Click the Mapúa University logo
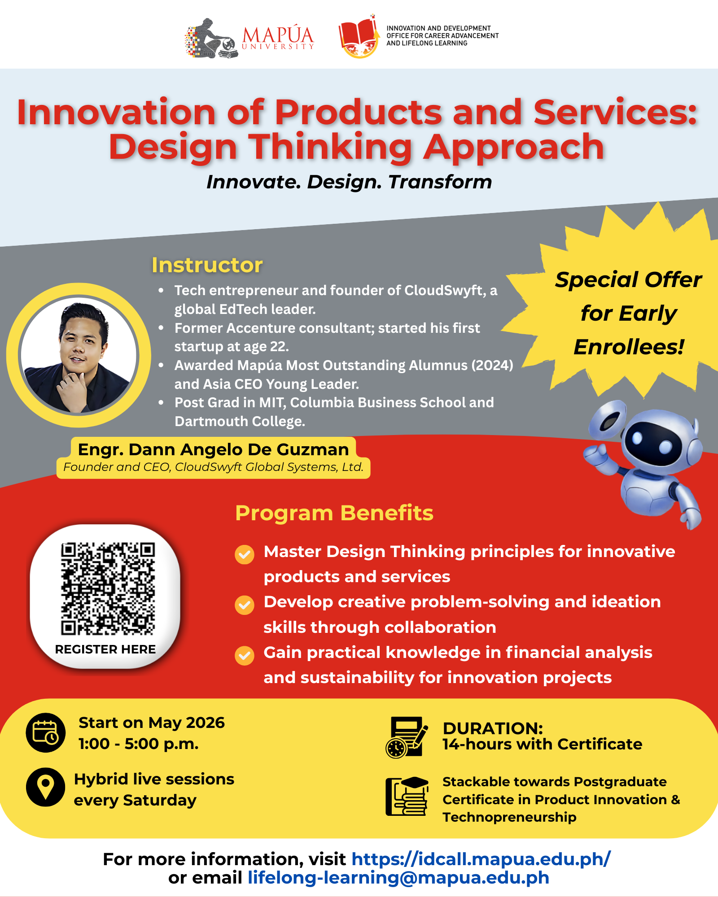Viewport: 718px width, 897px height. point(250,39)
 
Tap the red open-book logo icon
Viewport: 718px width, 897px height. point(358,37)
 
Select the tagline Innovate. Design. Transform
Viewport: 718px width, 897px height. point(349,182)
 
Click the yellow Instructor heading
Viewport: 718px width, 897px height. point(207,265)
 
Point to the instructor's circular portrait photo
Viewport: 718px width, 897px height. point(79,355)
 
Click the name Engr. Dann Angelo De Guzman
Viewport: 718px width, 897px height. point(213,449)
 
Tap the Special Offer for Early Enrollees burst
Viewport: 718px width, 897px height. point(624,309)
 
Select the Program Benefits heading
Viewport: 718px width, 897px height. point(334,513)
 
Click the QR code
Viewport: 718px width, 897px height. point(108,589)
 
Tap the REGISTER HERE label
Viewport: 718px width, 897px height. point(105,649)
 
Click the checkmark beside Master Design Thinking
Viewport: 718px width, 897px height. point(245,554)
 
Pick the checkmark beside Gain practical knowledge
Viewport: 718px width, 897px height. point(245,655)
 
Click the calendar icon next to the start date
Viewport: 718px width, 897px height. point(45,732)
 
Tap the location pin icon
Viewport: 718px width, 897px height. point(45,787)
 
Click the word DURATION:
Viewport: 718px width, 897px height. point(493,728)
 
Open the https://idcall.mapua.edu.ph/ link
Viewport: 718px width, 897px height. point(481,859)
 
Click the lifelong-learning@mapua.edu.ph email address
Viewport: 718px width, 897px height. point(398,878)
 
